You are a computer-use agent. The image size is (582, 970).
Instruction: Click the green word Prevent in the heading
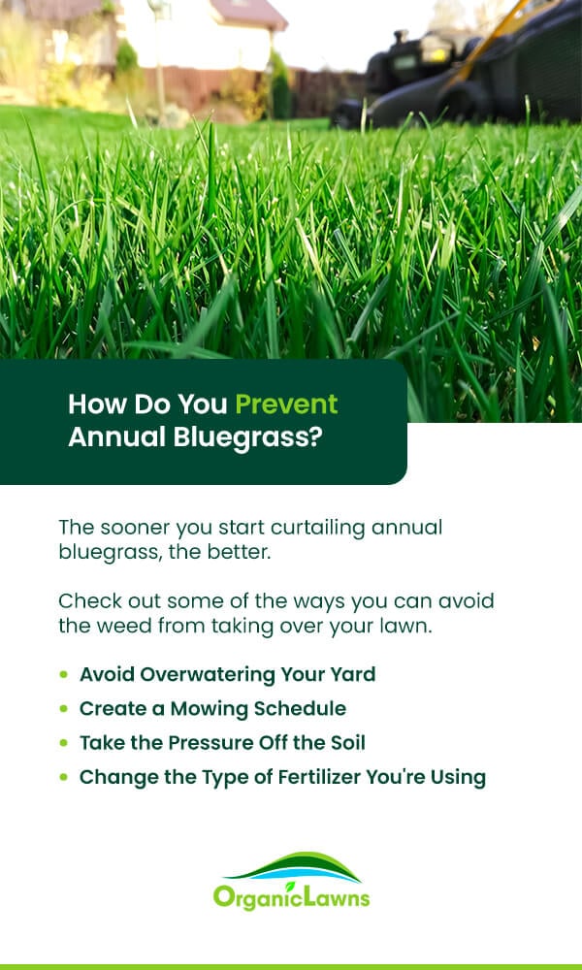coord(286,404)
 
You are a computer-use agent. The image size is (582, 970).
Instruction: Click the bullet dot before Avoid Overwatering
coord(64,674)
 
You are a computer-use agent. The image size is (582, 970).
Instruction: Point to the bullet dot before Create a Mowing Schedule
coord(64,708)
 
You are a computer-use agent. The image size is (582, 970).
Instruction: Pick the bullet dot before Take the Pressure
coord(64,742)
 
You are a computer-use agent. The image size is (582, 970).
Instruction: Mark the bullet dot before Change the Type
coord(64,777)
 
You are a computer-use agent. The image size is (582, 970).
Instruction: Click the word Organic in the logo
coord(249,897)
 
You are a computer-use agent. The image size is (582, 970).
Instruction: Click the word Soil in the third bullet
coord(345,742)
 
